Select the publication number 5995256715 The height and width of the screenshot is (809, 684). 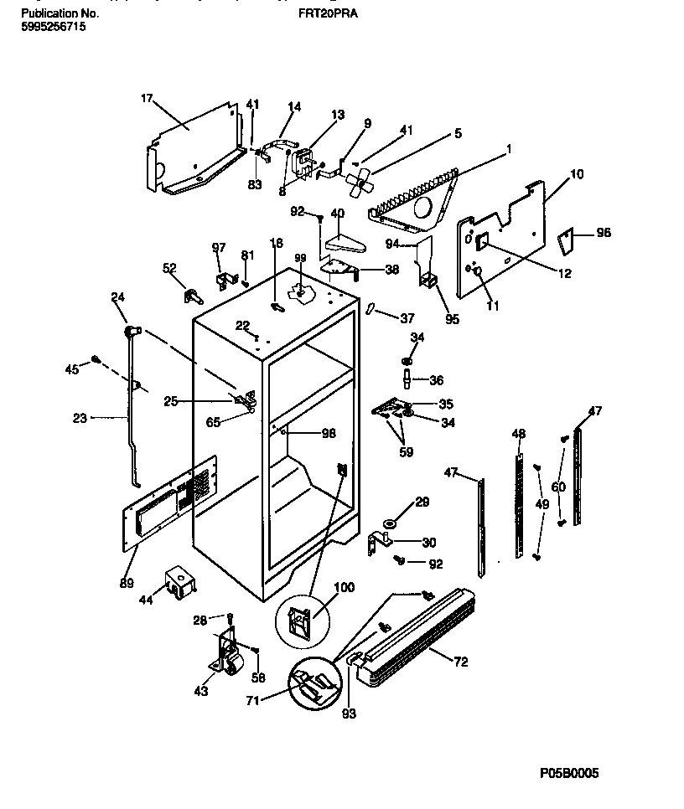click(x=51, y=27)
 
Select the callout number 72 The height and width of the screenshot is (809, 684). click(x=461, y=662)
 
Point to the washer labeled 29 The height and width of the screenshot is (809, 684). click(x=389, y=526)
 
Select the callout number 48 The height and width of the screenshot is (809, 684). click(x=519, y=433)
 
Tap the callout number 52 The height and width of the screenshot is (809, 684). click(x=168, y=268)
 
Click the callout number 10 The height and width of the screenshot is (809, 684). click(x=577, y=174)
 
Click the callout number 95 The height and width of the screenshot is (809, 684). click(x=453, y=318)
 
